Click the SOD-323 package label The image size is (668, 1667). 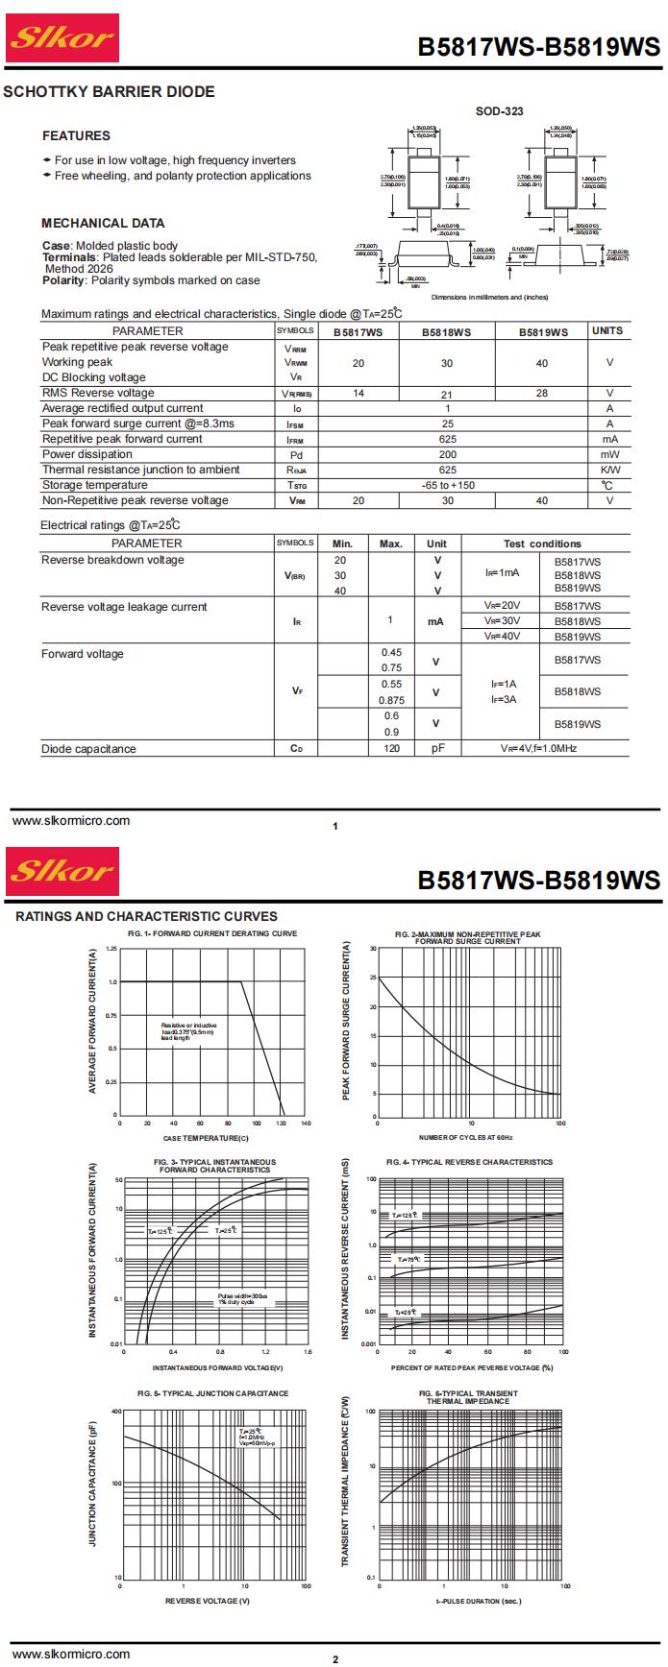[x=499, y=111]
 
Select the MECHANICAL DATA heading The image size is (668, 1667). [x=103, y=223]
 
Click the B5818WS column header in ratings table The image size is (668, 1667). [x=447, y=331]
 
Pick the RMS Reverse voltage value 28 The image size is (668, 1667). [x=541, y=393]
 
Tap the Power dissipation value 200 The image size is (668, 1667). [x=448, y=454]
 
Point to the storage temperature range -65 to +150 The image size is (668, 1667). [x=448, y=485]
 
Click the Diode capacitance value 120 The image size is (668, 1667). [x=391, y=748]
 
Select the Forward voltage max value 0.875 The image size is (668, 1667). [x=391, y=700]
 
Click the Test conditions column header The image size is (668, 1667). [x=542, y=544]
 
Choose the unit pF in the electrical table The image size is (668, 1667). [x=437, y=748]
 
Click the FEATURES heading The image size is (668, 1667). [x=76, y=135]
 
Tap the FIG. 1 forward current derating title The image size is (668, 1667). [x=212, y=933]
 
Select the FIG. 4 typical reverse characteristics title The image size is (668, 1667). [x=469, y=1162]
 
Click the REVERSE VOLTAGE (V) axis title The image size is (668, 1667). [x=208, y=1601]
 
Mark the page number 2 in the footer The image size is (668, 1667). [x=335, y=1659]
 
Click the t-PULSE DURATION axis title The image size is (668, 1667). [x=479, y=1601]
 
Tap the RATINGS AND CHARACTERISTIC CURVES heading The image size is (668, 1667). [x=146, y=916]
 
